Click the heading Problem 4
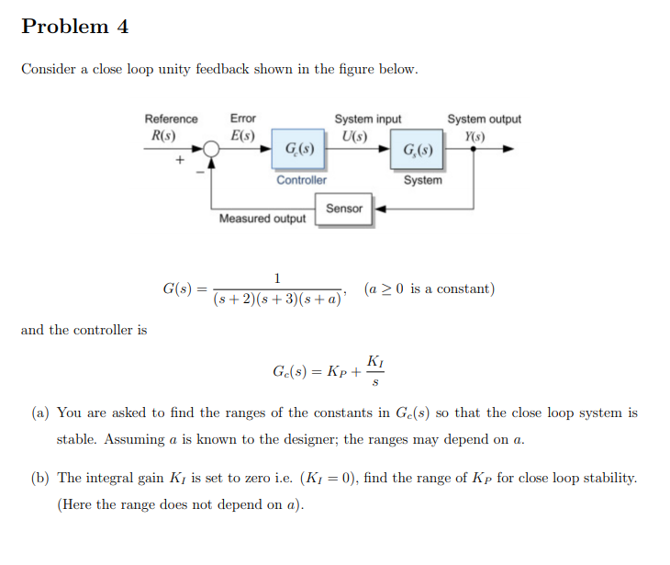pyautogui.click(x=75, y=27)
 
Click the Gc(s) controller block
pyautogui.click(x=300, y=149)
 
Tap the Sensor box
pyautogui.click(x=344, y=209)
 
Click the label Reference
pyautogui.click(x=171, y=119)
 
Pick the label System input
pyautogui.click(x=367, y=119)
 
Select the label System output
pyautogui.click(x=484, y=119)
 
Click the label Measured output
pyautogui.click(x=262, y=219)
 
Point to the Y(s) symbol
pyautogui.click(x=475, y=136)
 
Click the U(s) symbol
pyautogui.click(x=354, y=136)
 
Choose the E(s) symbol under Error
pyautogui.click(x=242, y=136)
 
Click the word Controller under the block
pyautogui.click(x=301, y=180)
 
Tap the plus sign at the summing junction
pyautogui.click(x=181, y=160)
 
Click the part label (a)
pyautogui.click(x=40, y=413)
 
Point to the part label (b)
pyautogui.click(x=40, y=478)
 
